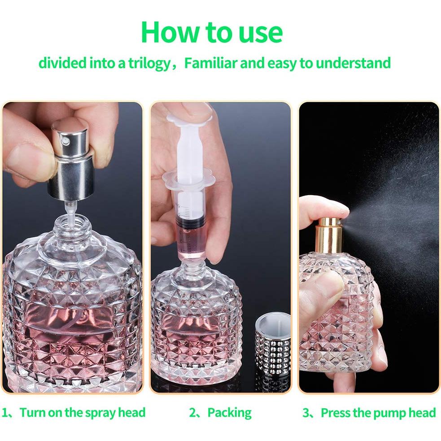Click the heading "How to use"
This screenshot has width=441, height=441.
pos(211,32)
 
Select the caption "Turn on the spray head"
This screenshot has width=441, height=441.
pos(83,412)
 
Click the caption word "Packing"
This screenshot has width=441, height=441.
pos(229,412)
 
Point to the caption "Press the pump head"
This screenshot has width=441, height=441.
pos(378,412)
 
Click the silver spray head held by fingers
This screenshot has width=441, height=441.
pos(74,157)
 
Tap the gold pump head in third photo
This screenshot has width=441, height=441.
pos(330,233)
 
